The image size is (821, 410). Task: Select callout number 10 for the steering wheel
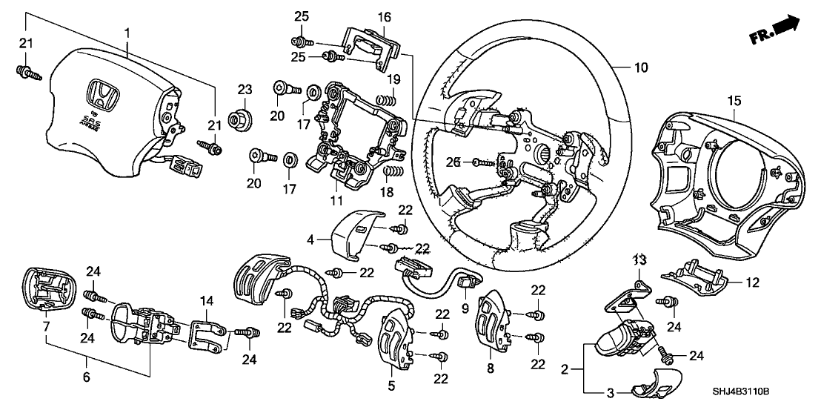[x=641, y=67]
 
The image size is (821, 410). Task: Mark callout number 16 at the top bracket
[x=383, y=18]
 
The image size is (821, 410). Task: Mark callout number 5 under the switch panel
[x=391, y=385]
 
